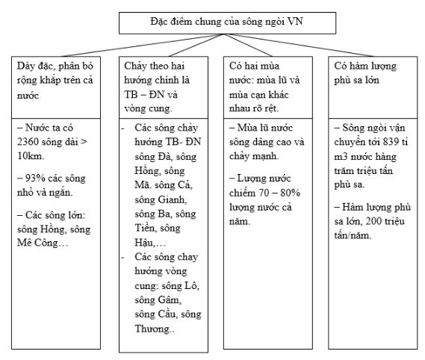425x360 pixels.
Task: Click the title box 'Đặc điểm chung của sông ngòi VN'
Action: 216,22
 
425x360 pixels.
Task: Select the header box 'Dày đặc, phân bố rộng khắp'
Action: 57,82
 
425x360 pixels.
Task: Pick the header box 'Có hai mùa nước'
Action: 270,82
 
